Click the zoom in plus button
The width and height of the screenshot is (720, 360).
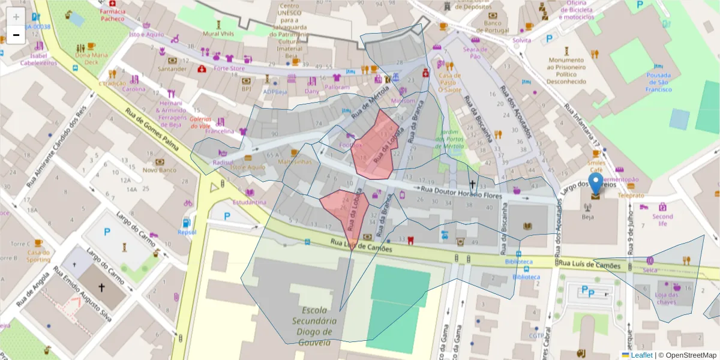coord(16,17)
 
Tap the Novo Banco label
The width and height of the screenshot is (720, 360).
coord(160,170)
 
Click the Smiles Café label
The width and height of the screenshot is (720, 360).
coord(596,166)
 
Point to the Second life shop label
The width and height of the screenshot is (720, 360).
coord(662,220)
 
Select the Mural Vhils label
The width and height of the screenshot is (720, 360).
coord(218,34)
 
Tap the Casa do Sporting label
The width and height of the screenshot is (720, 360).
coord(38,256)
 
